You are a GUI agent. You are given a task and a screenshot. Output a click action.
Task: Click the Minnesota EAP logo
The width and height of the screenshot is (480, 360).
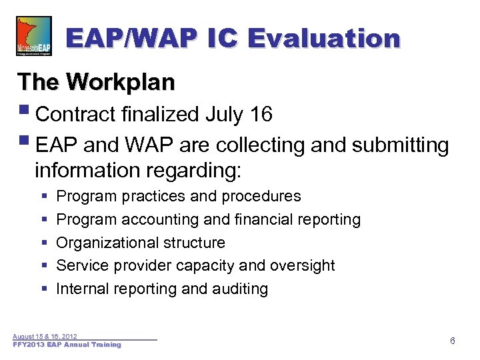click(x=33, y=37)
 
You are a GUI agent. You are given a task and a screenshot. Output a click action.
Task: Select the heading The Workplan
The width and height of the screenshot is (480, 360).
click(x=96, y=83)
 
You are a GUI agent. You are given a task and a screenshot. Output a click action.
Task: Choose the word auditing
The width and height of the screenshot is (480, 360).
click(x=239, y=289)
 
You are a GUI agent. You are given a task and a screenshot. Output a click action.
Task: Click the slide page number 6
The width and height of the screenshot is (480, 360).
click(x=453, y=341)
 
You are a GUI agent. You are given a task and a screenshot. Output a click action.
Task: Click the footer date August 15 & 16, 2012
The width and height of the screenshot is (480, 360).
click(x=45, y=337)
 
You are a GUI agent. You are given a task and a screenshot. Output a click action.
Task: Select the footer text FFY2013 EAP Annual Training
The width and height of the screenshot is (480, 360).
click(x=67, y=345)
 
